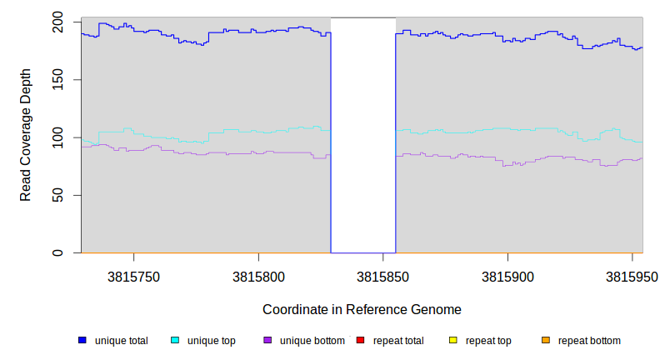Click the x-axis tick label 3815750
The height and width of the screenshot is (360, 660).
point(133,276)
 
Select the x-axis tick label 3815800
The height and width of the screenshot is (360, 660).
point(258,276)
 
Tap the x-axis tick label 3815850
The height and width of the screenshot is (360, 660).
point(383,276)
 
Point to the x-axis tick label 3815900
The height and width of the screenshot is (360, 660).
point(507,276)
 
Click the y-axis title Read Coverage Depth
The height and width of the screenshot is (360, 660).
point(26,137)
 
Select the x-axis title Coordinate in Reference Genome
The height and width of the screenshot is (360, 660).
point(362,309)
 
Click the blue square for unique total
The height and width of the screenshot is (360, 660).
point(82,340)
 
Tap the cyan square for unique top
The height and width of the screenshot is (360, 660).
point(175,340)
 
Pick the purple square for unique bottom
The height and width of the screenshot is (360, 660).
point(267,340)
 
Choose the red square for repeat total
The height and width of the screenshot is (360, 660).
point(360,340)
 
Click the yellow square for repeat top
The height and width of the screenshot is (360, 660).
point(452,340)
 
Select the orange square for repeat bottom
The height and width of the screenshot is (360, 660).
point(545,340)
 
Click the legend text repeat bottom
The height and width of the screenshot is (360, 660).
point(589,340)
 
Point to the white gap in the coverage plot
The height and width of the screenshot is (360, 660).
point(363,133)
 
